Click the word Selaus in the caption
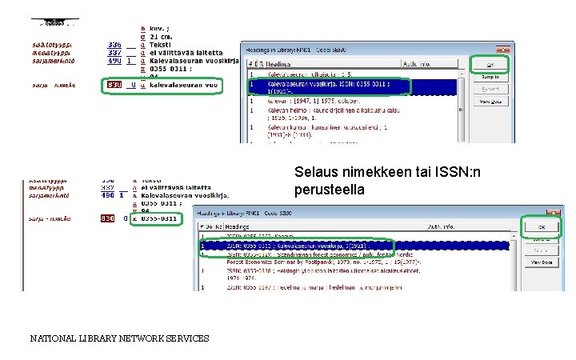[x=314, y=172]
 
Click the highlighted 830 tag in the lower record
[x=107, y=218]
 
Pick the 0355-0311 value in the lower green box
[x=159, y=218]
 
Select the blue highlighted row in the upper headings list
[x=352, y=85]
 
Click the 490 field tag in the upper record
[x=114, y=61]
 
